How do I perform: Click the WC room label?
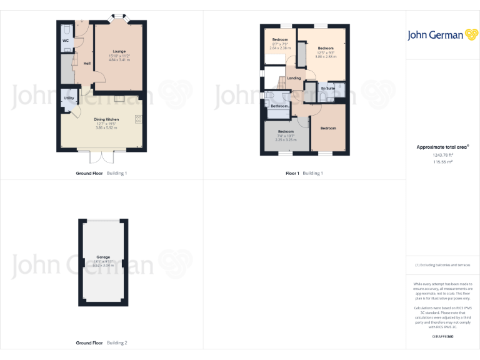65,41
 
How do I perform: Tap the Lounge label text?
119,51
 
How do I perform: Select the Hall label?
87,63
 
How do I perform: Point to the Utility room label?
68,99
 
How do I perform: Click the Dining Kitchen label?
106,119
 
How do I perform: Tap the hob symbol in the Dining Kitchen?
138,120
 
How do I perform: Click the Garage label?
103,257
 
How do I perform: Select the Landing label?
294,78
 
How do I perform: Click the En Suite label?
327,89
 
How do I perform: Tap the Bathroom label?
279,106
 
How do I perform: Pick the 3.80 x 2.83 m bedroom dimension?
326,57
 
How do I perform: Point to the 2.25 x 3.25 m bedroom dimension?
286,140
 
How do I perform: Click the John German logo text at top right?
435,35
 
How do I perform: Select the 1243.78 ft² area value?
443,155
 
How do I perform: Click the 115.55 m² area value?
443,162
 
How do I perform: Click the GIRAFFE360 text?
442,337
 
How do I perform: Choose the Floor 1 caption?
292,173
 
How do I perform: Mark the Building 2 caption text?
117,343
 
